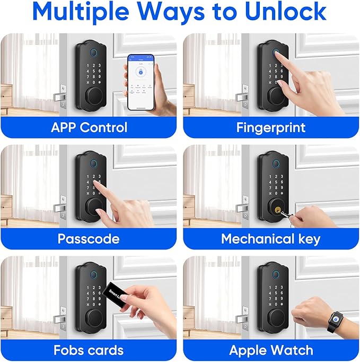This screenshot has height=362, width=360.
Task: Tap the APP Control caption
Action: (89, 127)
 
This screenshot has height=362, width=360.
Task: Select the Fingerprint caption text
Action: (271, 127)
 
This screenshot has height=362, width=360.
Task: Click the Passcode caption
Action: (89, 238)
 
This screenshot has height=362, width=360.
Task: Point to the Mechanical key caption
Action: (271, 238)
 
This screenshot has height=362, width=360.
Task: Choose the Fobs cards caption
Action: (89, 350)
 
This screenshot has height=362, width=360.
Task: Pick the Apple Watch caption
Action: (271, 350)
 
